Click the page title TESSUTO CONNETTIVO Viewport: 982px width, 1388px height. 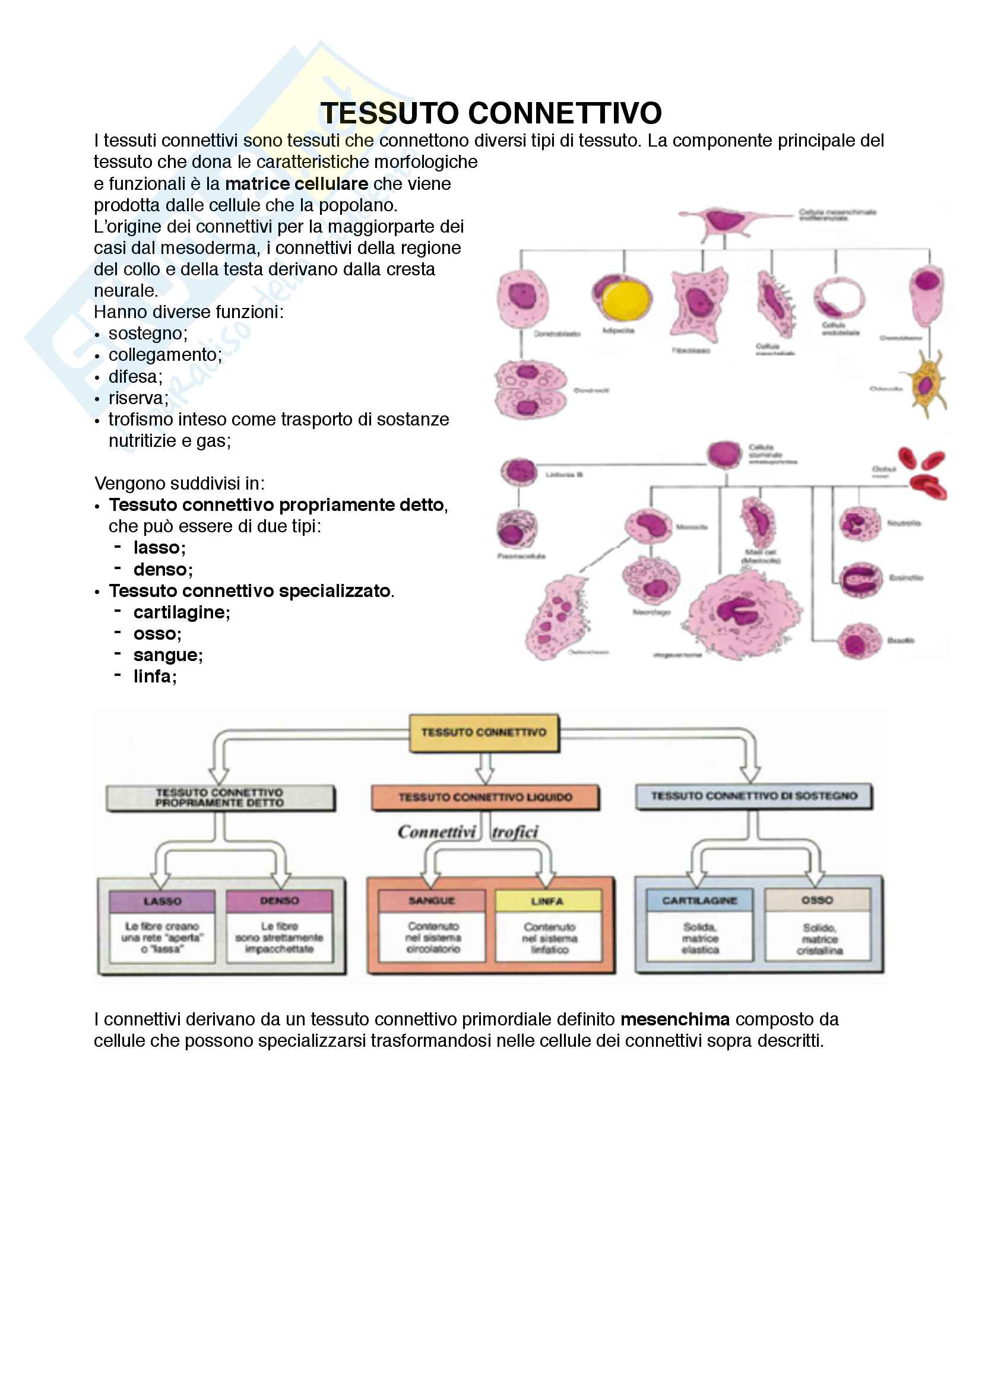click(490, 113)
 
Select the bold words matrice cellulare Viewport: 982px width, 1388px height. click(296, 184)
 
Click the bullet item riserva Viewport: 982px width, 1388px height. click(138, 398)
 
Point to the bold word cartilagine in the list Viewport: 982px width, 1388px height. click(182, 612)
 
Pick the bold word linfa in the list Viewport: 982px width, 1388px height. click(155, 676)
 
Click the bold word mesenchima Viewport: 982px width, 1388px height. click(675, 1019)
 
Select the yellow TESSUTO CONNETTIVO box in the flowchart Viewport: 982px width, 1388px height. click(484, 733)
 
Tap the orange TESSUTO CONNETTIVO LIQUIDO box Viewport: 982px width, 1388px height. click(485, 798)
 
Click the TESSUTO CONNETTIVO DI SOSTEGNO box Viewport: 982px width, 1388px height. click(753, 796)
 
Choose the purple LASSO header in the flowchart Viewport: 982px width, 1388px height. click(162, 901)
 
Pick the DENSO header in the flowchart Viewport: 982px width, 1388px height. click(280, 901)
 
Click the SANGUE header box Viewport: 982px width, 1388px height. click(432, 901)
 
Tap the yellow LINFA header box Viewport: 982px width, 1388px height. click(548, 901)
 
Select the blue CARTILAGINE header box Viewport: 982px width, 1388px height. click(699, 901)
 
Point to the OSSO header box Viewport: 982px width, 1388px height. click(818, 900)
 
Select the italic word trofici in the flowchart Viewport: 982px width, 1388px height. click(515, 833)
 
